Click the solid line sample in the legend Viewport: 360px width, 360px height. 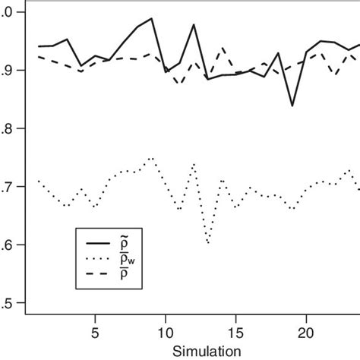96,242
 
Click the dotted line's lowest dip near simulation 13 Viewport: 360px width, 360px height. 207,242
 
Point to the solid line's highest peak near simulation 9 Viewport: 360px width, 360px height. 151,18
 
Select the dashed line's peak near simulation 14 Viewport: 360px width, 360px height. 222,48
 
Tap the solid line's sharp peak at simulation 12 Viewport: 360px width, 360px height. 194,25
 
